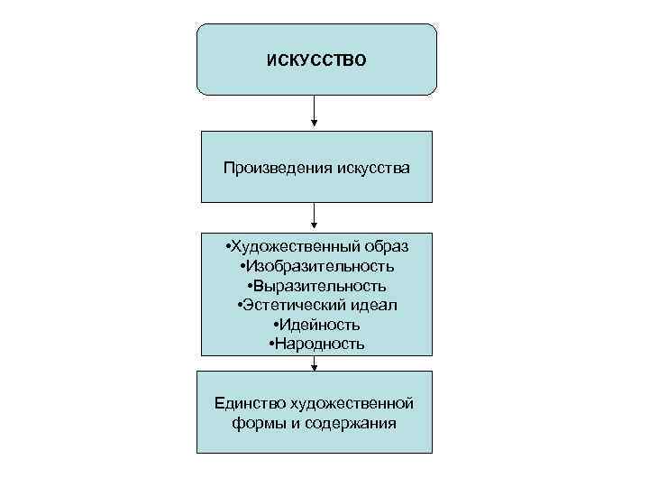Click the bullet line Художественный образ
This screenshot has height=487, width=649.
pos(316,246)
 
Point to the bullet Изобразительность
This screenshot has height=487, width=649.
pos(316,266)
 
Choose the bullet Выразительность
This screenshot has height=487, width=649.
pos(316,286)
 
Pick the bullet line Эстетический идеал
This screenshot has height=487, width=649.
pos(316,305)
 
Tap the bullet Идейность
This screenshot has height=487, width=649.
pos(316,325)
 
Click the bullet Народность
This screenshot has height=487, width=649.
pos(316,344)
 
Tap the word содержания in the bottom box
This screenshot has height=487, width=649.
pos(352,422)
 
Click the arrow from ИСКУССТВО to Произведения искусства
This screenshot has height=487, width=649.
pos(315,112)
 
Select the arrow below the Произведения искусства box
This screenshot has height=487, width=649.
pos(315,216)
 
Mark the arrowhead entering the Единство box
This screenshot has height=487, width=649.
pos(315,365)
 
